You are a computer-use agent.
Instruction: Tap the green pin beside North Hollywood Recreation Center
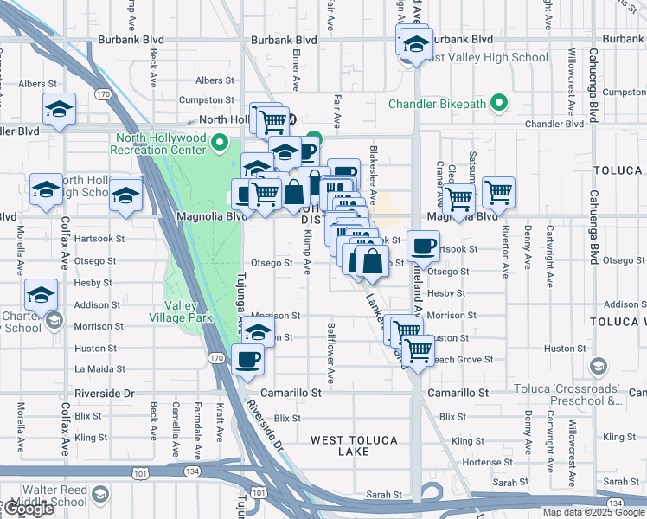[x=220, y=143]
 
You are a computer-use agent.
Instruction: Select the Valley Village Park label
[x=189, y=311]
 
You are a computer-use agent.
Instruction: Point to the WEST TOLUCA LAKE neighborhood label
[x=353, y=445]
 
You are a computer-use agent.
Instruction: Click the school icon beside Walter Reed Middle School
[x=100, y=494]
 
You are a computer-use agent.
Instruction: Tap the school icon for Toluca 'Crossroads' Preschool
[x=597, y=368]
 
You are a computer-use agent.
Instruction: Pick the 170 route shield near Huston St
[x=216, y=357]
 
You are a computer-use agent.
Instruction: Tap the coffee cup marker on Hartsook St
[x=423, y=247]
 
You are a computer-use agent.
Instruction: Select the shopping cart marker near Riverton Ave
[x=498, y=192]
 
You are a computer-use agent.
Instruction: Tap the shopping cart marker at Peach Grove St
[x=419, y=350]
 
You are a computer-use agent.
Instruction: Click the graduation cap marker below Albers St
[x=59, y=110]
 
